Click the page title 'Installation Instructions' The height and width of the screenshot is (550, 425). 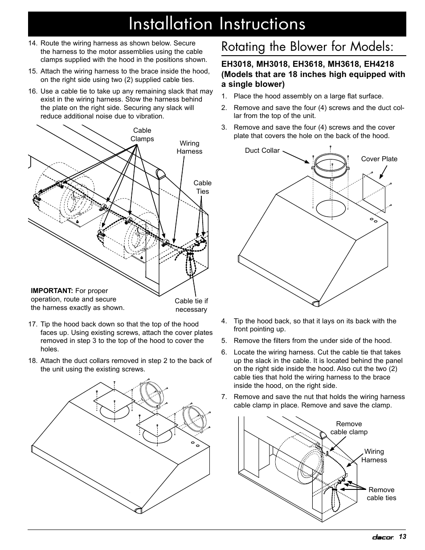tap(217, 24)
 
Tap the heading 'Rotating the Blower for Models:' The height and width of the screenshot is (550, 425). tap(307, 47)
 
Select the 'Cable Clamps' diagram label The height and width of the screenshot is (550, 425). tap(142, 134)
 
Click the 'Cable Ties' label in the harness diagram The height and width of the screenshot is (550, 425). tap(203, 187)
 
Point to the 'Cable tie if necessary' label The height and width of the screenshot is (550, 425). tap(192, 305)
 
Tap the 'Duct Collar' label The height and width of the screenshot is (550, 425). tap(262, 151)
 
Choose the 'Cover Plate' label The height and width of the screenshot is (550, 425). tap(379, 159)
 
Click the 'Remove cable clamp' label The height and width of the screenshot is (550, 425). tap(349, 428)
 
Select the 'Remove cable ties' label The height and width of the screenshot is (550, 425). tap(381, 493)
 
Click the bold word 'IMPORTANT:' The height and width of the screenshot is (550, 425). tap(52, 291)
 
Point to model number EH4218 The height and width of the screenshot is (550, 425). tap(379, 64)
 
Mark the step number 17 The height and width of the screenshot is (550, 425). tap(33, 324)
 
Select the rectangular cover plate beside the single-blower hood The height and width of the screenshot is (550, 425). tap(374, 193)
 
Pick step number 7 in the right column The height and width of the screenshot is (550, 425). tap(224, 397)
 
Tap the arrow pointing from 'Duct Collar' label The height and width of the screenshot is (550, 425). tap(296, 157)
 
